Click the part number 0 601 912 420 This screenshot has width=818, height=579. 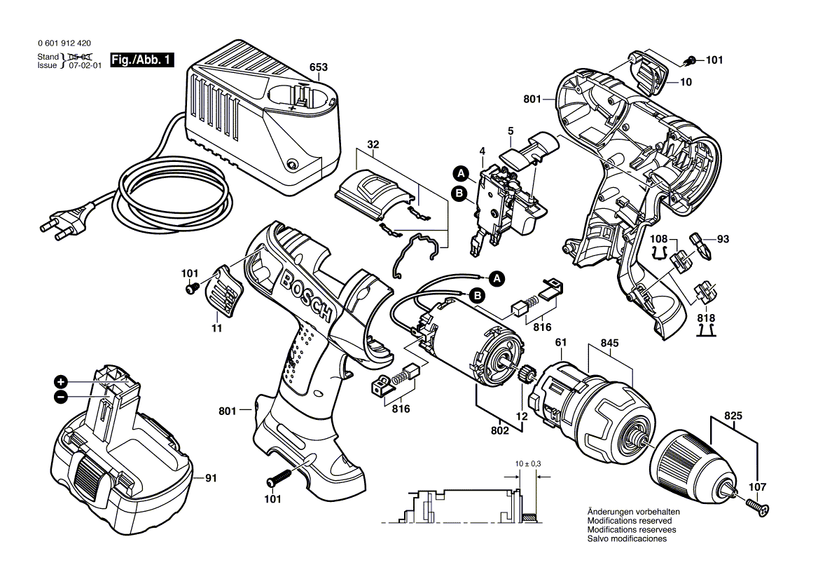(64, 43)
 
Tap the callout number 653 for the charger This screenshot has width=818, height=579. (319, 67)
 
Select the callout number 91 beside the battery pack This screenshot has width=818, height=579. (211, 479)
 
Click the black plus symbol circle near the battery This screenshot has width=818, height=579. (62, 382)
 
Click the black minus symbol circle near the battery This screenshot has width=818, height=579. (62, 397)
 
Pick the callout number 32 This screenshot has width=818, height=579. (373, 145)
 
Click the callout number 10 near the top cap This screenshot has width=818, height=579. (686, 82)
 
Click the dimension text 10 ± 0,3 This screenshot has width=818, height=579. (527, 465)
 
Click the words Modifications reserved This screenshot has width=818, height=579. (629, 521)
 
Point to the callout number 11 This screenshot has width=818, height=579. (217, 327)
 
